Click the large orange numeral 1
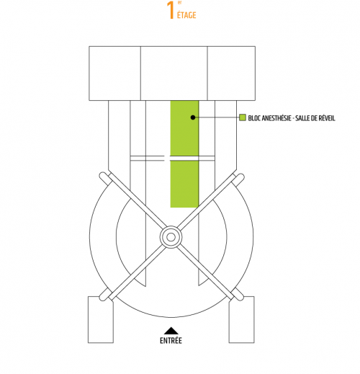click(x=171, y=10)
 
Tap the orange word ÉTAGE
click(x=186, y=15)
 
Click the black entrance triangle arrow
click(x=171, y=330)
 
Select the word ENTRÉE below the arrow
click(x=171, y=340)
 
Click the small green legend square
click(x=243, y=117)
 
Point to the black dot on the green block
click(x=193, y=117)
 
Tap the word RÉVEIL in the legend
click(x=326, y=118)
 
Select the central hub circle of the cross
click(x=171, y=237)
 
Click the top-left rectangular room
click(x=114, y=74)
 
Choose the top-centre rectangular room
click(x=174, y=74)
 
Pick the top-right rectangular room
click(x=231, y=74)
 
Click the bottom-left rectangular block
click(x=101, y=319)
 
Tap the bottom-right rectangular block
click(x=241, y=319)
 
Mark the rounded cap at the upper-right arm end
click(x=238, y=178)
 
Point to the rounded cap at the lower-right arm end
click(x=238, y=295)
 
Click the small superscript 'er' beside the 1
click(x=179, y=3)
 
